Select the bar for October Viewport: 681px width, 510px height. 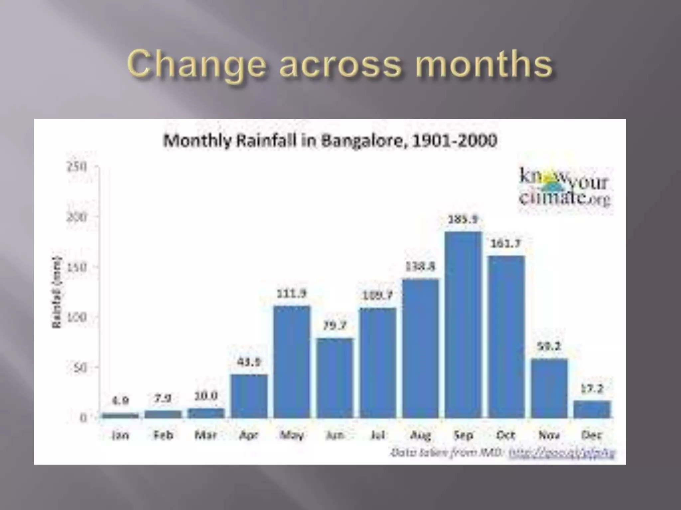point(506,337)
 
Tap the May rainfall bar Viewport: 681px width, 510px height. point(292,362)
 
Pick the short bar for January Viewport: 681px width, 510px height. point(120,415)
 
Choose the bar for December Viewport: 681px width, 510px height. point(592,409)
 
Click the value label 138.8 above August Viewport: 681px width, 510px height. point(420,267)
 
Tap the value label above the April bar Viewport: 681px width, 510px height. point(249,362)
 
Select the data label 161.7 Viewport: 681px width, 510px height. point(506,244)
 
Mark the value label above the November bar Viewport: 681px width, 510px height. point(549,346)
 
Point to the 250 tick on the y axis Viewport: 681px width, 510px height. point(77,167)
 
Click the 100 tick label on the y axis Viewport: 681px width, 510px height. point(77,317)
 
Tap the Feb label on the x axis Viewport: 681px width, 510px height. point(163,435)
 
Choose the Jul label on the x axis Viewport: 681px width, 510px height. point(378,435)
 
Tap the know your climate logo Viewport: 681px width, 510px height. point(565,187)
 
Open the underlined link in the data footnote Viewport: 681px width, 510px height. point(562,453)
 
